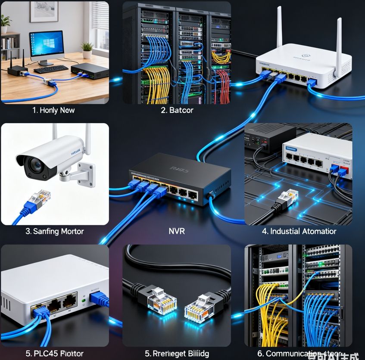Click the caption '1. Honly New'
point(53,110)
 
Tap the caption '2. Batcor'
point(177,110)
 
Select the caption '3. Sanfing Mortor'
point(54,231)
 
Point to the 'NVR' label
point(177,231)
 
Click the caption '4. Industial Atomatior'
point(299,231)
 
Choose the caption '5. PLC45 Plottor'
point(54,354)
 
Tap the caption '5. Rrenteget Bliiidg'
point(177,354)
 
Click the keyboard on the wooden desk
point(50,69)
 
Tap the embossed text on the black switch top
point(179,168)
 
